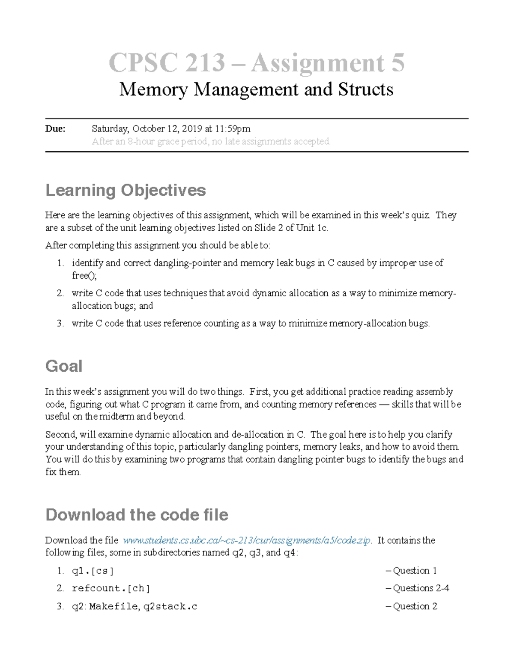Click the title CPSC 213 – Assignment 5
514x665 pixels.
click(x=257, y=63)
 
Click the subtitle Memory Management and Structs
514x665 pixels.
click(x=256, y=89)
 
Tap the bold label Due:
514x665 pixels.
click(x=55, y=128)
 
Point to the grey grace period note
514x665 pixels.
click(x=211, y=141)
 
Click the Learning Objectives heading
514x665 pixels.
click(x=126, y=190)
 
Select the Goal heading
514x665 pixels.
click(x=64, y=366)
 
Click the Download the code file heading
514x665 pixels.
click(x=137, y=515)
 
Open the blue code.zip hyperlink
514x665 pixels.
click(x=247, y=540)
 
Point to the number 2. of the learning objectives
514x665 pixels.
click(x=60, y=293)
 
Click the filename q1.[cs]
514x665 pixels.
click(x=93, y=571)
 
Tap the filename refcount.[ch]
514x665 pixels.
click(x=111, y=588)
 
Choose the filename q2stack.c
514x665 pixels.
click(x=170, y=606)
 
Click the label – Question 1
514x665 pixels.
click(x=411, y=571)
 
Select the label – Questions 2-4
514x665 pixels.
click(x=417, y=588)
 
